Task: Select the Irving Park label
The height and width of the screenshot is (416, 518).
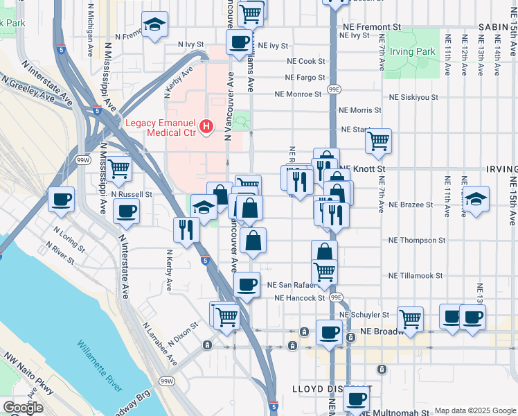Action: pyautogui.click(x=412, y=52)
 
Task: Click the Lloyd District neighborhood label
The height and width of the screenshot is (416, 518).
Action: pyautogui.click(x=332, y=389)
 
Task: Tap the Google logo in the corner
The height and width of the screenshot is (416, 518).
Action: pyautogui.click(x=23, y=408)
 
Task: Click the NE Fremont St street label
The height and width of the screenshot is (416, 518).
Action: pyautogui.click(x=372, y=26)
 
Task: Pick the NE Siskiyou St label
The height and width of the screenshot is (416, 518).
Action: pyautogui.click(x=413, y=98)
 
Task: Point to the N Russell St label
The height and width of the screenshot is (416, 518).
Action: pyautogui.click(x=132, y=195)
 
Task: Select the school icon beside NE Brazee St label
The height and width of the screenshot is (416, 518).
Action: pyautogui.click(x=476, y=198)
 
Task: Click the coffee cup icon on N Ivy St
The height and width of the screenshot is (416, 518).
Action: pyautogui.click(x=239, y=41)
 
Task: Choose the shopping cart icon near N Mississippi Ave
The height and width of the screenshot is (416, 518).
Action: pyautogui.click(x=119, y=166)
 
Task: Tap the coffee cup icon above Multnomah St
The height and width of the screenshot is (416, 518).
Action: pyautogui.click(x=357, y=399)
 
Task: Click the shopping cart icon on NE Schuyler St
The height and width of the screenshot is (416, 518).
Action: pyautogui.click(x=410, y=318)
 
